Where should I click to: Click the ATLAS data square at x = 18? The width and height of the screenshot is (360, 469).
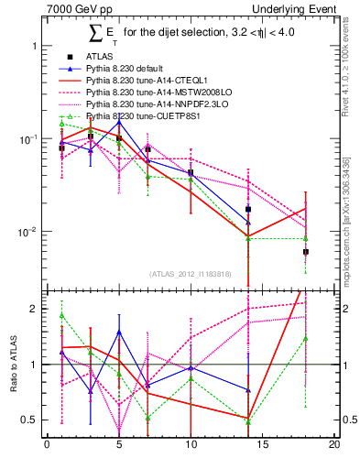(x=306, y=251)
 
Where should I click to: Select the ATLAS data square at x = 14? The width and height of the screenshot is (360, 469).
(x=248, y=210)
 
